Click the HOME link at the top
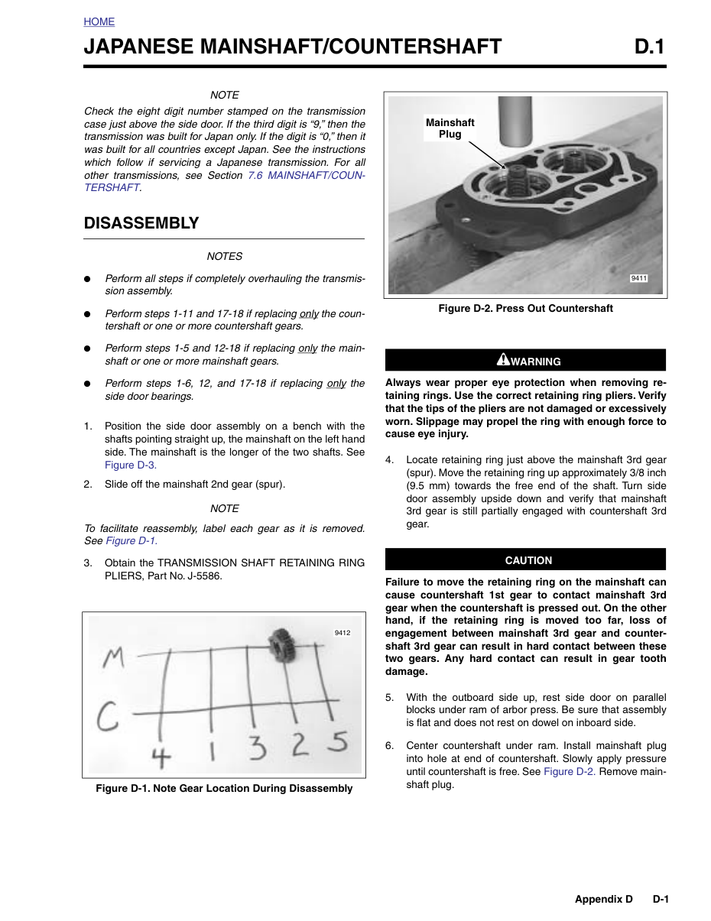99,21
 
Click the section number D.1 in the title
649,46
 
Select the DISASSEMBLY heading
141,223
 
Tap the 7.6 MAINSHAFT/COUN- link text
306,175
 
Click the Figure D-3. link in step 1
131,465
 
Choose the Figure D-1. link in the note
131,541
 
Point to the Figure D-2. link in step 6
570,771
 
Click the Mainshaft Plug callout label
450,128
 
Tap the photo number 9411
638,278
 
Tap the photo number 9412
343,633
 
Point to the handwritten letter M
114,658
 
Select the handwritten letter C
107,716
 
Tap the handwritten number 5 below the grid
338,741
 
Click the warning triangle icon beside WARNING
503,359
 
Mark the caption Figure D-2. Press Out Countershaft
525,308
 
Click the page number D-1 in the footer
660,899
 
